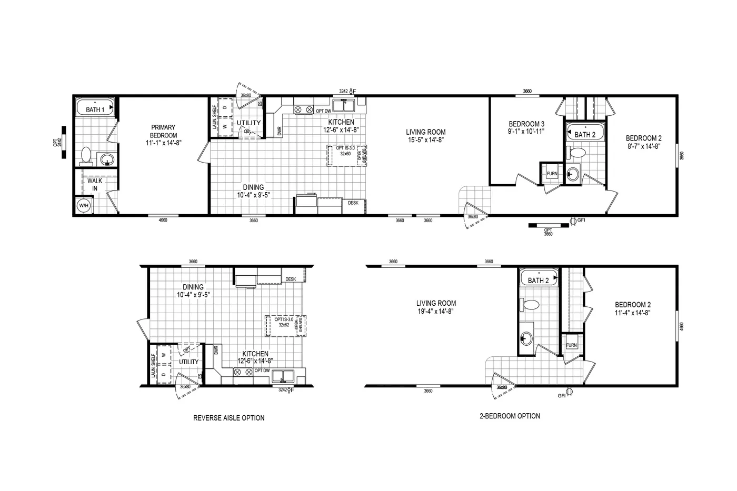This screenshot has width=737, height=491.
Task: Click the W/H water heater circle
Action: click(84, 206)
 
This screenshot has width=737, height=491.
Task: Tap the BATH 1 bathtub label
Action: click(95, 110)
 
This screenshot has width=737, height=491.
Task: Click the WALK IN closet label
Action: click(95, 185)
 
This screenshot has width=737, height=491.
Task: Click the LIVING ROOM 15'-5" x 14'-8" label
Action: click(425, 136)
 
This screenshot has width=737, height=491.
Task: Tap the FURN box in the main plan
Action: click(552, 174)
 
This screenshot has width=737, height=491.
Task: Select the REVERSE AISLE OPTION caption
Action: click(228, 418)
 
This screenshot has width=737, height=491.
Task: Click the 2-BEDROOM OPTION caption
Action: click(510, 416)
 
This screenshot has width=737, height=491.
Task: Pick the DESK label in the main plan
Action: click(353, 203)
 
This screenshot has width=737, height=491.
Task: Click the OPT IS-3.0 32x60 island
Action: click(347, 155)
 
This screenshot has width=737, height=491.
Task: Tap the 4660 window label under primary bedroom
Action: click(163, 221)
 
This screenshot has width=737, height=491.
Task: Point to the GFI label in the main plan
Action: click(581, 220)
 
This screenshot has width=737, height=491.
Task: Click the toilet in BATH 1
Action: click(86, 155)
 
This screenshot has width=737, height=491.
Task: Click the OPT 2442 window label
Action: click(58, 142)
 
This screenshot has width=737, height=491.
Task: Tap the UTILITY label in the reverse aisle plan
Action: click(188, 362)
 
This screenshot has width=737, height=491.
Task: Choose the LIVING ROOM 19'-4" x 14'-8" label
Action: click(436, 307)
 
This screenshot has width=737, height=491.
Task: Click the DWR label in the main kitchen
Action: click(279, 131)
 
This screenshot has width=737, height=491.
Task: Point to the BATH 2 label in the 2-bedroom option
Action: click(538, 280)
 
